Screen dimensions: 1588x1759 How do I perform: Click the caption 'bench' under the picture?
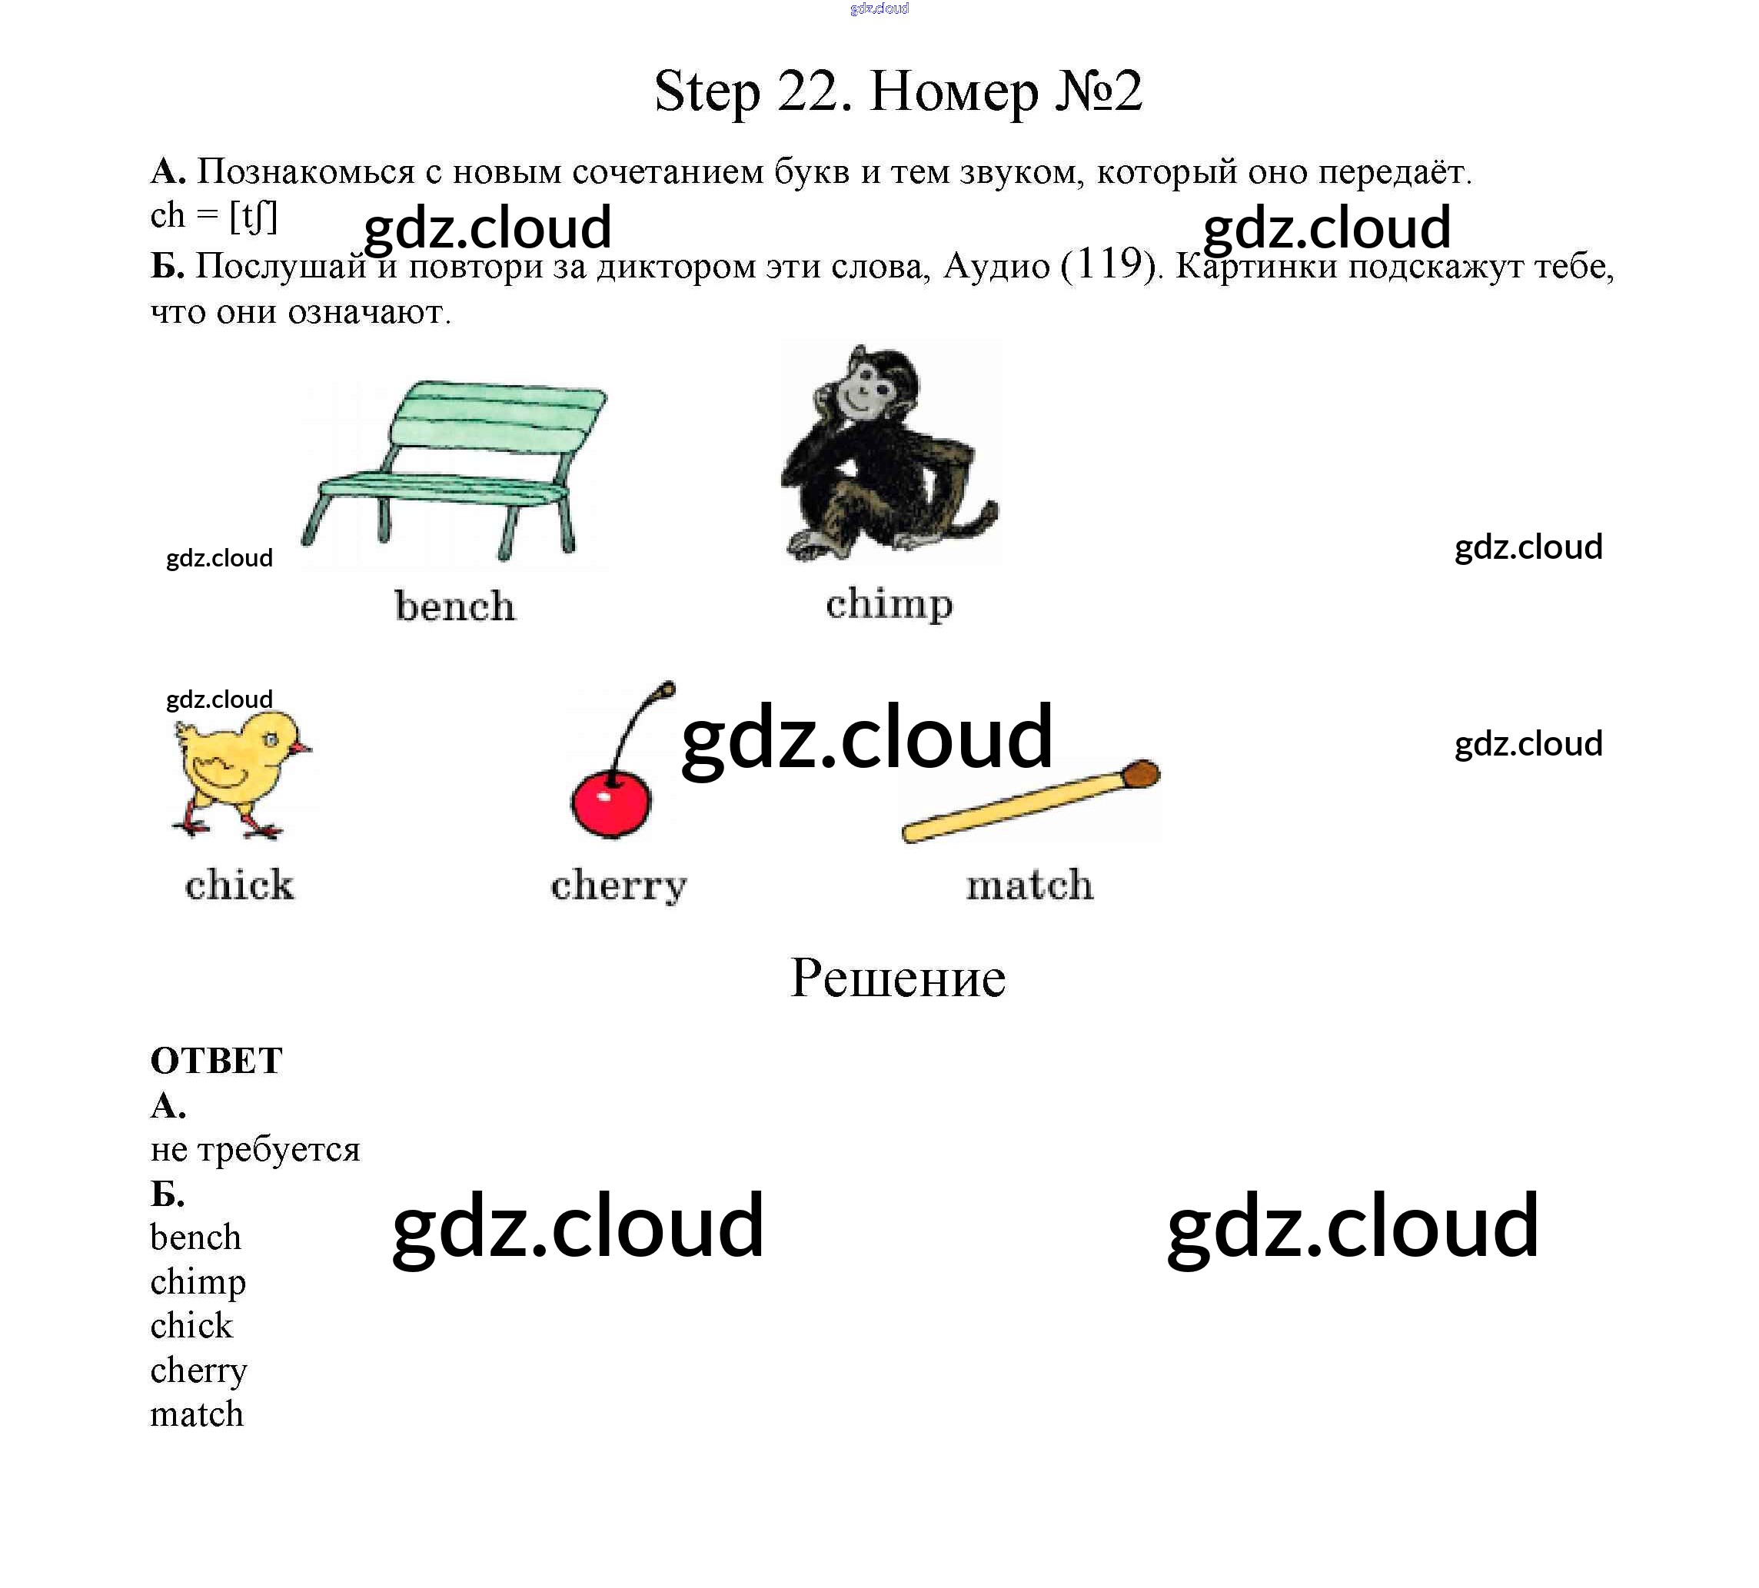pos(454,606)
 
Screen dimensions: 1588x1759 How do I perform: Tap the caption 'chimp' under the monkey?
pos(889,605)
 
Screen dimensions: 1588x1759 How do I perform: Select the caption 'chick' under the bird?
pos(239,885)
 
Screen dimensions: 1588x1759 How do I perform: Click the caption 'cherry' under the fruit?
pos(619,886)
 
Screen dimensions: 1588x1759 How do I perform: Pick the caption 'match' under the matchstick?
pos(1029,885)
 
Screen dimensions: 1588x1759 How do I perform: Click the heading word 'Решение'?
pos(898,978)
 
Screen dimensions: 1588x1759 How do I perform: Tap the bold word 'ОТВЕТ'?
pos(216,1061)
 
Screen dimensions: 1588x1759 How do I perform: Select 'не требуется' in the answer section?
pos(254,1149)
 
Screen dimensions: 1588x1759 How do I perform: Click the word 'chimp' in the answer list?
pos(198,1283)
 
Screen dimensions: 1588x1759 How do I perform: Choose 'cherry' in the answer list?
pos(199,1370)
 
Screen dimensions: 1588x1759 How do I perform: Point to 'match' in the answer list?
pos(196,1414)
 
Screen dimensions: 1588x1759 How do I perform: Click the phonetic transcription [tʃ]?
pos(253,215)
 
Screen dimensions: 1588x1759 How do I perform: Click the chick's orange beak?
pos(301,748)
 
